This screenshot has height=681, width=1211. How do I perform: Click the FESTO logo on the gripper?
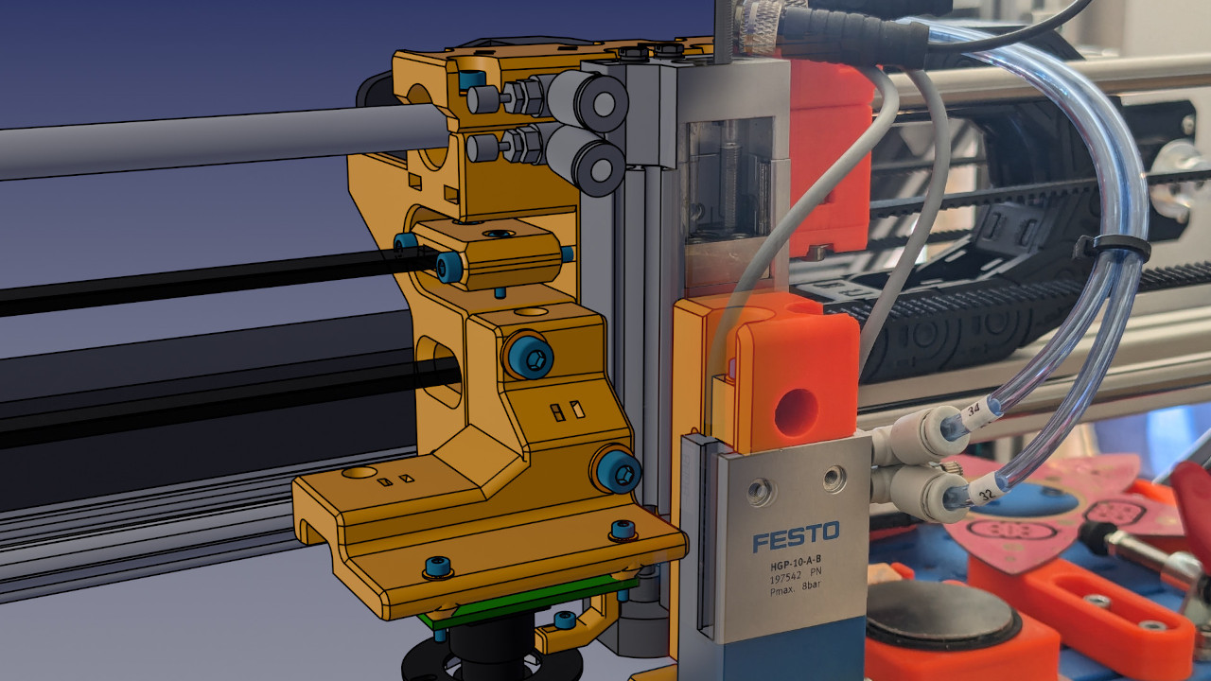tap(796, 535)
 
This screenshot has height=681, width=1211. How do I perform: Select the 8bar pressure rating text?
tap(811, 585)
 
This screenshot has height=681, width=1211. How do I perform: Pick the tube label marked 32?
tap(986, 494)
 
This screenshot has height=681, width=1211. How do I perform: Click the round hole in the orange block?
tap(797, 412)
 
